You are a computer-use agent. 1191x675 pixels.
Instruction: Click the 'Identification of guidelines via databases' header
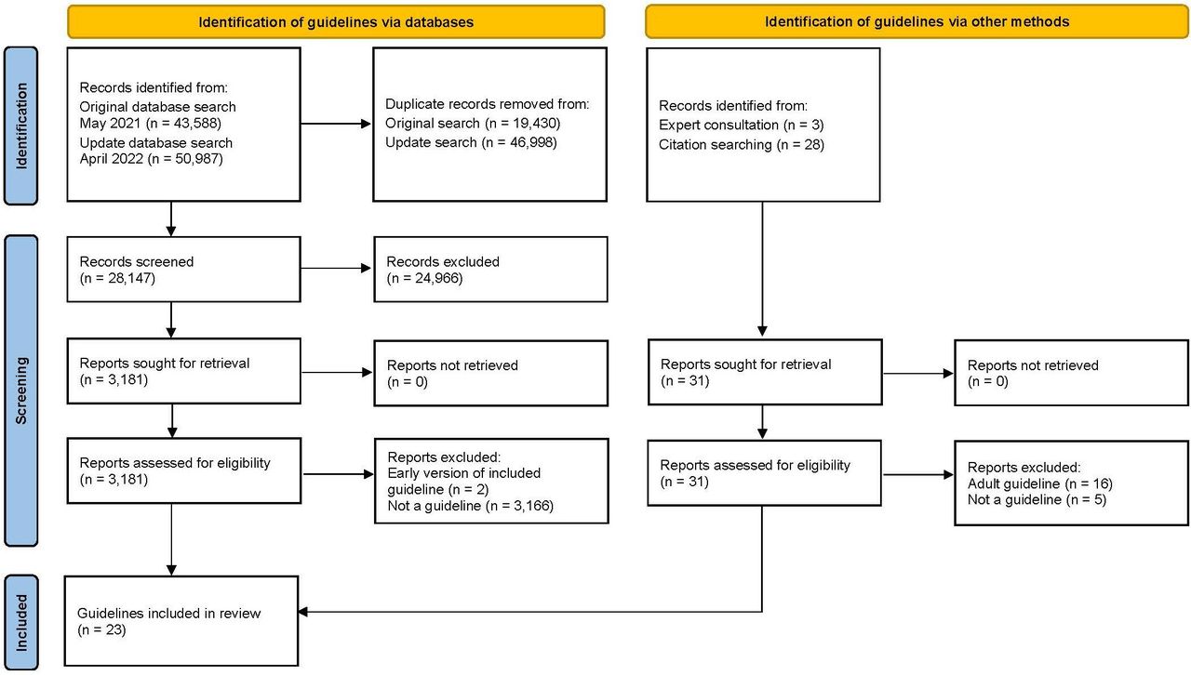pyautogui.click(x=336, y=21)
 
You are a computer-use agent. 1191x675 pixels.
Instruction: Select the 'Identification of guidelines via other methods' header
pyautogui.click(x=917, y=21)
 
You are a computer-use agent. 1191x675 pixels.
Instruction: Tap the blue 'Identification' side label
pyautogui.click(x=20, y=126)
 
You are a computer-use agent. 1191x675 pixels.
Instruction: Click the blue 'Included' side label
pyautogui.click(x=20, y=622)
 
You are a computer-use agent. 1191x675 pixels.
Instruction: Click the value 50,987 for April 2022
pyautogui.click(x=198, y=159)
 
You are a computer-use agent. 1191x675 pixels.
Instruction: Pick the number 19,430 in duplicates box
pyautogui.click(x=535, y=124)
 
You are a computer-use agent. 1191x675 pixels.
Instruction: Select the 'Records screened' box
pyautogui.click(x=184, y=270)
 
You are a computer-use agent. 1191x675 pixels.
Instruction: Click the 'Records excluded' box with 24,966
pyautogui.click(x=490, y=270)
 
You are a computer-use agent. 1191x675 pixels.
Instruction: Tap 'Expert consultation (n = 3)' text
pyautogui.click(x=742, y=125)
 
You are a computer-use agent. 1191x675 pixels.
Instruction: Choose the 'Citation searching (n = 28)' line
pyautogui.click(x=742, y=144)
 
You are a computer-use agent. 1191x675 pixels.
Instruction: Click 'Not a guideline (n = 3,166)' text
pyautogui.click(x=471, y=506)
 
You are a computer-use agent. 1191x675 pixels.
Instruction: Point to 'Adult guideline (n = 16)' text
pyautogui.click(x=1040, y=483)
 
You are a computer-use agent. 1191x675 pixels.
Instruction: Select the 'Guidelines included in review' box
pyautogui.click(x=181, y=621)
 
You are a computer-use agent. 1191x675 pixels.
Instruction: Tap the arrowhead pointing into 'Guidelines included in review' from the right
pyautogui.click(x=303, y=612)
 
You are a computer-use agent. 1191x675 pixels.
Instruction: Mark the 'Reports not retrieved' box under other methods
pyautogui.click(x=1071, y=373)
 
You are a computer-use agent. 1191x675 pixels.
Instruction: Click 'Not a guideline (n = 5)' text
pyautogui.click(x=1037, y=499)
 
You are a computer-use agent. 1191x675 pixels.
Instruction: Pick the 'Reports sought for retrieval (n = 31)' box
pyautogui.click(x=765, y=372)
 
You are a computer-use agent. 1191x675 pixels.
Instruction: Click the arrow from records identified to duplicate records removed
pyautogui.click(x=336, y=124)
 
